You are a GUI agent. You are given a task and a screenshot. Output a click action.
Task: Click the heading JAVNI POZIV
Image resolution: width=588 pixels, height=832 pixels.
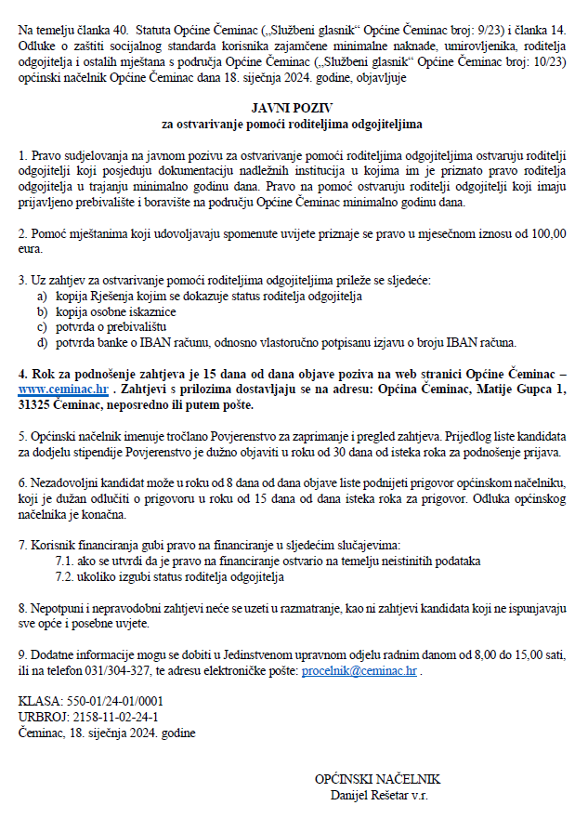[293, 108]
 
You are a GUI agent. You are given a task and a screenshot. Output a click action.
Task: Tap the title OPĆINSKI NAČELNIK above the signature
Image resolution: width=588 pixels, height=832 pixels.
[377, 780]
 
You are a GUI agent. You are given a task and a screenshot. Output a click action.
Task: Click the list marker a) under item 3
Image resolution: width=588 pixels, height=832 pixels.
[42, 296]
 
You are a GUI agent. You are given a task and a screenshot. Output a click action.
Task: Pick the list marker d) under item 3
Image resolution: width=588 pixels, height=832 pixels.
[42, 341]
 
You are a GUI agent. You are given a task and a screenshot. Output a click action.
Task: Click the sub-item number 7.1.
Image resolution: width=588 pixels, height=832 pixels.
[66, 561]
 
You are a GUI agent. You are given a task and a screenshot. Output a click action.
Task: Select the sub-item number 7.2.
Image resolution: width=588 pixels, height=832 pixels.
[66, 576]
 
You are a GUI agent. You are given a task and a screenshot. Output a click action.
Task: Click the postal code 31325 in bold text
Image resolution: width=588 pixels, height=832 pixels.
[37, 406]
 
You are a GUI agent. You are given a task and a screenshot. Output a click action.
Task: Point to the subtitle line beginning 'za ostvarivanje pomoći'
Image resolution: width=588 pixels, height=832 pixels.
[293, 123]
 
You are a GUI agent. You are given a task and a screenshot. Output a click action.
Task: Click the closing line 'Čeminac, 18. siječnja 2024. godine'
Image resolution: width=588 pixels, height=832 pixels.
[107, 733]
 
